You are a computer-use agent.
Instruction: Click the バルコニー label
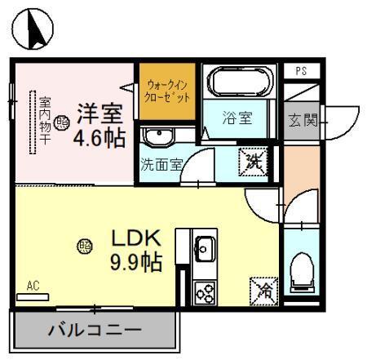(x=94, y=331)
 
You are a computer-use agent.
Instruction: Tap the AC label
(x=33, y=286)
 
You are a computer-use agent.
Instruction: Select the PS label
(x=301, y=71)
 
